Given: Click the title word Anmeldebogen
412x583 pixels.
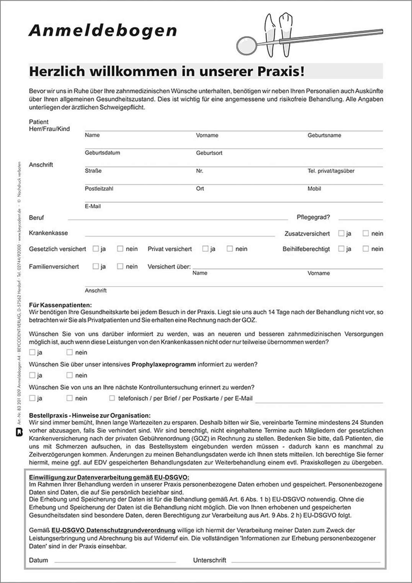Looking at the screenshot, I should coord(103,31).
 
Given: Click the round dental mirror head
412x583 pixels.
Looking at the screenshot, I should coord(246,46).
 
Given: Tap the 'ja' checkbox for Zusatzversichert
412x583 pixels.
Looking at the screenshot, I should coord(341,233).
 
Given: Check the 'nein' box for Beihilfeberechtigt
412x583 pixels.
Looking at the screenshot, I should coord(366,249).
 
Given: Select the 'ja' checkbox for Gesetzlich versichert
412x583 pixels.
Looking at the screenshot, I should coord(96,249).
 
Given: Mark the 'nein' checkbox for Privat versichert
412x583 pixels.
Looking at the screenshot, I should coord(230,249).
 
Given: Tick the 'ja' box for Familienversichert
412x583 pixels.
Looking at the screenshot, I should coord(96,266).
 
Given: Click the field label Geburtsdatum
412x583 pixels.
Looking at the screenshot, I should coord(102,153).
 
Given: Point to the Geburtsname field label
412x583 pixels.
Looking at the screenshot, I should coord(324,135).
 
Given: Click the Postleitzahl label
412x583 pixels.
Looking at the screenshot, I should coord(99,188).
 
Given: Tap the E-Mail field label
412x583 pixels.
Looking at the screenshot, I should coord(93,206).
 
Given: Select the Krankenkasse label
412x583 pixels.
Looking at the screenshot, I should coord(48,233).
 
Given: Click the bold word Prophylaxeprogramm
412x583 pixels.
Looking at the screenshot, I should coord(163,364).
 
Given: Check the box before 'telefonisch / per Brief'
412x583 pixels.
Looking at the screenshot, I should coord(112,398).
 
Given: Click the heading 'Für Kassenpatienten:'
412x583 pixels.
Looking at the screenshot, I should coord(60,305).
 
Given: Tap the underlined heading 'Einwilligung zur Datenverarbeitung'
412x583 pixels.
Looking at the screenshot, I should coord(109,477).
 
